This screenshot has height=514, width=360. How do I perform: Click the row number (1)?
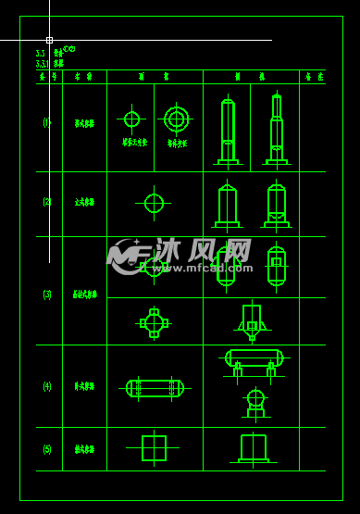(x=47, y=122)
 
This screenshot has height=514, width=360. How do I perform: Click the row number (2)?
(x=47, y=202)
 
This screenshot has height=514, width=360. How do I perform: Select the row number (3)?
(x=47, y=295)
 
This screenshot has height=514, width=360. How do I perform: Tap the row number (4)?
(x=47, y=386)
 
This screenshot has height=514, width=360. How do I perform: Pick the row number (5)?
(x=47, y=449)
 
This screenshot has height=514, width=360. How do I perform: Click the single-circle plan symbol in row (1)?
(x=131, y=119)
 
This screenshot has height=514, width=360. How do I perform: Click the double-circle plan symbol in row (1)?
(x=176, y=119)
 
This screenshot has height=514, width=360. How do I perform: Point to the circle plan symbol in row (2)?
(x=154, y=203)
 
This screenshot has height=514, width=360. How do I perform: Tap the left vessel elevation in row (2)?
(x=228, y=205)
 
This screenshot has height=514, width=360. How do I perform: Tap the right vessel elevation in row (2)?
(x=276, y=205)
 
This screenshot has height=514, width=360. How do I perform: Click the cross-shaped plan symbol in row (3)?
(x=154, y=322)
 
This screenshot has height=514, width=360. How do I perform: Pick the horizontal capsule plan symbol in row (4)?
(x=155, y=388)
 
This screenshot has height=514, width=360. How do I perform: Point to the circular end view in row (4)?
(x=255, y=400)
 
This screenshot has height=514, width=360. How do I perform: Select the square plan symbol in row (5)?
(x=154, y=448)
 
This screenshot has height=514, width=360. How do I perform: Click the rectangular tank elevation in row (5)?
(x=253, y=448)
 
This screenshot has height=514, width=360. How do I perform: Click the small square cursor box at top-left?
(x=49, y=40)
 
